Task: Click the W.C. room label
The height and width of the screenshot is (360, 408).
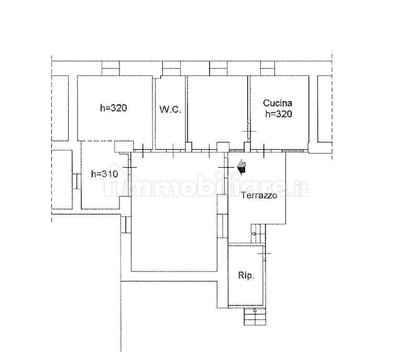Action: pos(170,110)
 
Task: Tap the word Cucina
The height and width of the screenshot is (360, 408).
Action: pos(278,103)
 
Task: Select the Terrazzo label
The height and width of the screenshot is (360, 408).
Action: pos(259,195)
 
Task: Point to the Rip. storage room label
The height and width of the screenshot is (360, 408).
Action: pos(246,276)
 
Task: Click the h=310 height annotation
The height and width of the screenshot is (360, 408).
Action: pos(105,174)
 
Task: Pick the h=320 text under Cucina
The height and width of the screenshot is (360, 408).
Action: pos(279,114)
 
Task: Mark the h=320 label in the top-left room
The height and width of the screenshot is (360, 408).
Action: pos(114,108)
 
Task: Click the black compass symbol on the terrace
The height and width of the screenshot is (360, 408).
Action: pos(242,167)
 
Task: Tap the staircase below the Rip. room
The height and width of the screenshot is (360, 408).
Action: pos(255,317)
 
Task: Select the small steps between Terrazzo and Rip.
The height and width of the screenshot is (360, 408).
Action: pos(258,234)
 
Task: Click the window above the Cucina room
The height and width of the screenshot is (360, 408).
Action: pos(268,69)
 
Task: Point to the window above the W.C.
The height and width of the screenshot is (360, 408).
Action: pos(171,69)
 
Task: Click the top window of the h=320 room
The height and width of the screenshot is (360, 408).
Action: pos(111,69)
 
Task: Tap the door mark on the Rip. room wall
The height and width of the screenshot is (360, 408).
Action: pos(264,253)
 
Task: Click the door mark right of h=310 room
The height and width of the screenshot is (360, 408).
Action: pos(129,167)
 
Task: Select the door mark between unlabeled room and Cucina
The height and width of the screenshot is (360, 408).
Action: pos(249,131)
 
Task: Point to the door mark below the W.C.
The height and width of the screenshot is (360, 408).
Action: pos(173,151)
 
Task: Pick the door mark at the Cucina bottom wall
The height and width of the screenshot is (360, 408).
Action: pos(264,151)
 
